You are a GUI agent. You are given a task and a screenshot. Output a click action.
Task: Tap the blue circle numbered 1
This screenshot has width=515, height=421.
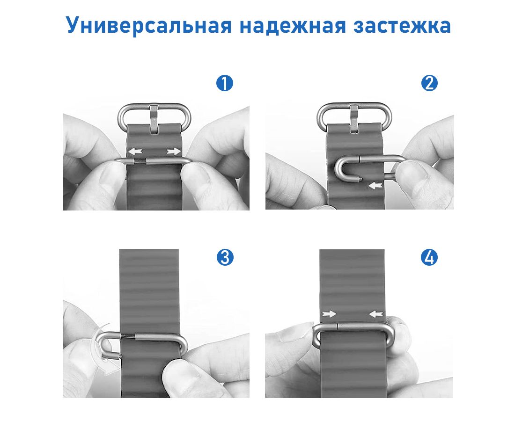[225, 83]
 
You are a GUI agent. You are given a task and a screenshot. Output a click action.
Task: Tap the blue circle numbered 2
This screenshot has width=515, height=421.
[429, 83]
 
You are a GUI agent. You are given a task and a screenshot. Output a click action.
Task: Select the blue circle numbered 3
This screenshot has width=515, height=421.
[225, 257]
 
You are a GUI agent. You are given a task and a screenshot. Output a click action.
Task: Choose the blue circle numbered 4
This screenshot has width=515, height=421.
[429, 257]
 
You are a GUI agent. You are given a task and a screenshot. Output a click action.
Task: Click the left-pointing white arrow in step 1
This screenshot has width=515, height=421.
[135, 152]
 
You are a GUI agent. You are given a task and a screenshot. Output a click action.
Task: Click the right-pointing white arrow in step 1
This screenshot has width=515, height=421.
[174, 151]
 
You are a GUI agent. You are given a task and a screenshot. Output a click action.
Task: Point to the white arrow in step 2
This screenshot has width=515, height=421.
[376, 186]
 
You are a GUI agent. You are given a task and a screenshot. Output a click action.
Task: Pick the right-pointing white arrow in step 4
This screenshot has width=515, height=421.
[329, 314]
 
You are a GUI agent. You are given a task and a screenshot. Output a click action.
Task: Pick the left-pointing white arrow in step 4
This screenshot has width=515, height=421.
[376, 314]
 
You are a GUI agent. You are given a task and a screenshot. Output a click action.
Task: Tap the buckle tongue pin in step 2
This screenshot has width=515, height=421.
[354, 118]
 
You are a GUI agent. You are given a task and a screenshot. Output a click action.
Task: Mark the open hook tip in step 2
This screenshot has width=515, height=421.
[360, 179]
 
